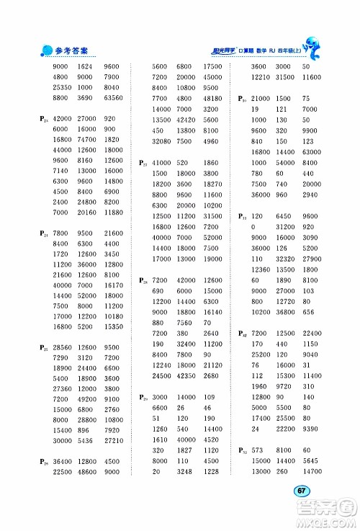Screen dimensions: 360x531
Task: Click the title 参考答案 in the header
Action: tap(71, 51)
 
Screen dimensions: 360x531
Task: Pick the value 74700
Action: tap(86, 139)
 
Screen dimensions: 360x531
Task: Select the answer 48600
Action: tap(86, 473)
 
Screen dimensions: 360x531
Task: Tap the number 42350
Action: tap(186, 375)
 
